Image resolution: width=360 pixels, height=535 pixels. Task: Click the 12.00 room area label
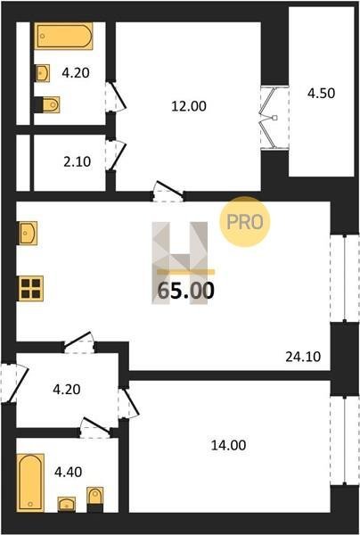pos(189,106)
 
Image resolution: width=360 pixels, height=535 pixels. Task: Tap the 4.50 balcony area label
pos(321,93)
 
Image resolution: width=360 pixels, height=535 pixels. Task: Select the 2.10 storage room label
pos(78,161)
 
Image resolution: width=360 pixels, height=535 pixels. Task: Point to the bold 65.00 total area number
pos(186,291)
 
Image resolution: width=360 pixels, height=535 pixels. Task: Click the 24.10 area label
pos(303,357)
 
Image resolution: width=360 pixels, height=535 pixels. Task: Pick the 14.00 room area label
pos(228,445)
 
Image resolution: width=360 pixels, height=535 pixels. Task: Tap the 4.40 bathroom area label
pos(69,473)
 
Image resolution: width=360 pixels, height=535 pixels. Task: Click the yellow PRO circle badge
pos(245,222)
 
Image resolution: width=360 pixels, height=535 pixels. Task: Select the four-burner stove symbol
pos(30,288)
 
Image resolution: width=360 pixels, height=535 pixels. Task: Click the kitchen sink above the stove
pos(28,233)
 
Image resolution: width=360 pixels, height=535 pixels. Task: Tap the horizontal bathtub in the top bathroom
pos(64,36)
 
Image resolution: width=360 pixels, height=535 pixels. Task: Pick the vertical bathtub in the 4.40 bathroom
pos(30,482)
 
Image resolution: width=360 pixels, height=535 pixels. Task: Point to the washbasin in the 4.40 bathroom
pos(67,505)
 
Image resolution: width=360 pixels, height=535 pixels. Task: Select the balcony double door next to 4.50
pos(274,118)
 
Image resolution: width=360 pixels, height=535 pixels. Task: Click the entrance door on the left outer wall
pos(13,383)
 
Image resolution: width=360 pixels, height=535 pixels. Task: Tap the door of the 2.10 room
pos(116,155)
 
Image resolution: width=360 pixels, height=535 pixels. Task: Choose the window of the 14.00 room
pos(345,440)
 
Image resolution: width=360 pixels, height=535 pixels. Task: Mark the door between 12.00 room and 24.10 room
pos(168,192)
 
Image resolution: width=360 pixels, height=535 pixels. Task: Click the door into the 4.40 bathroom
pos(96,427)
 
